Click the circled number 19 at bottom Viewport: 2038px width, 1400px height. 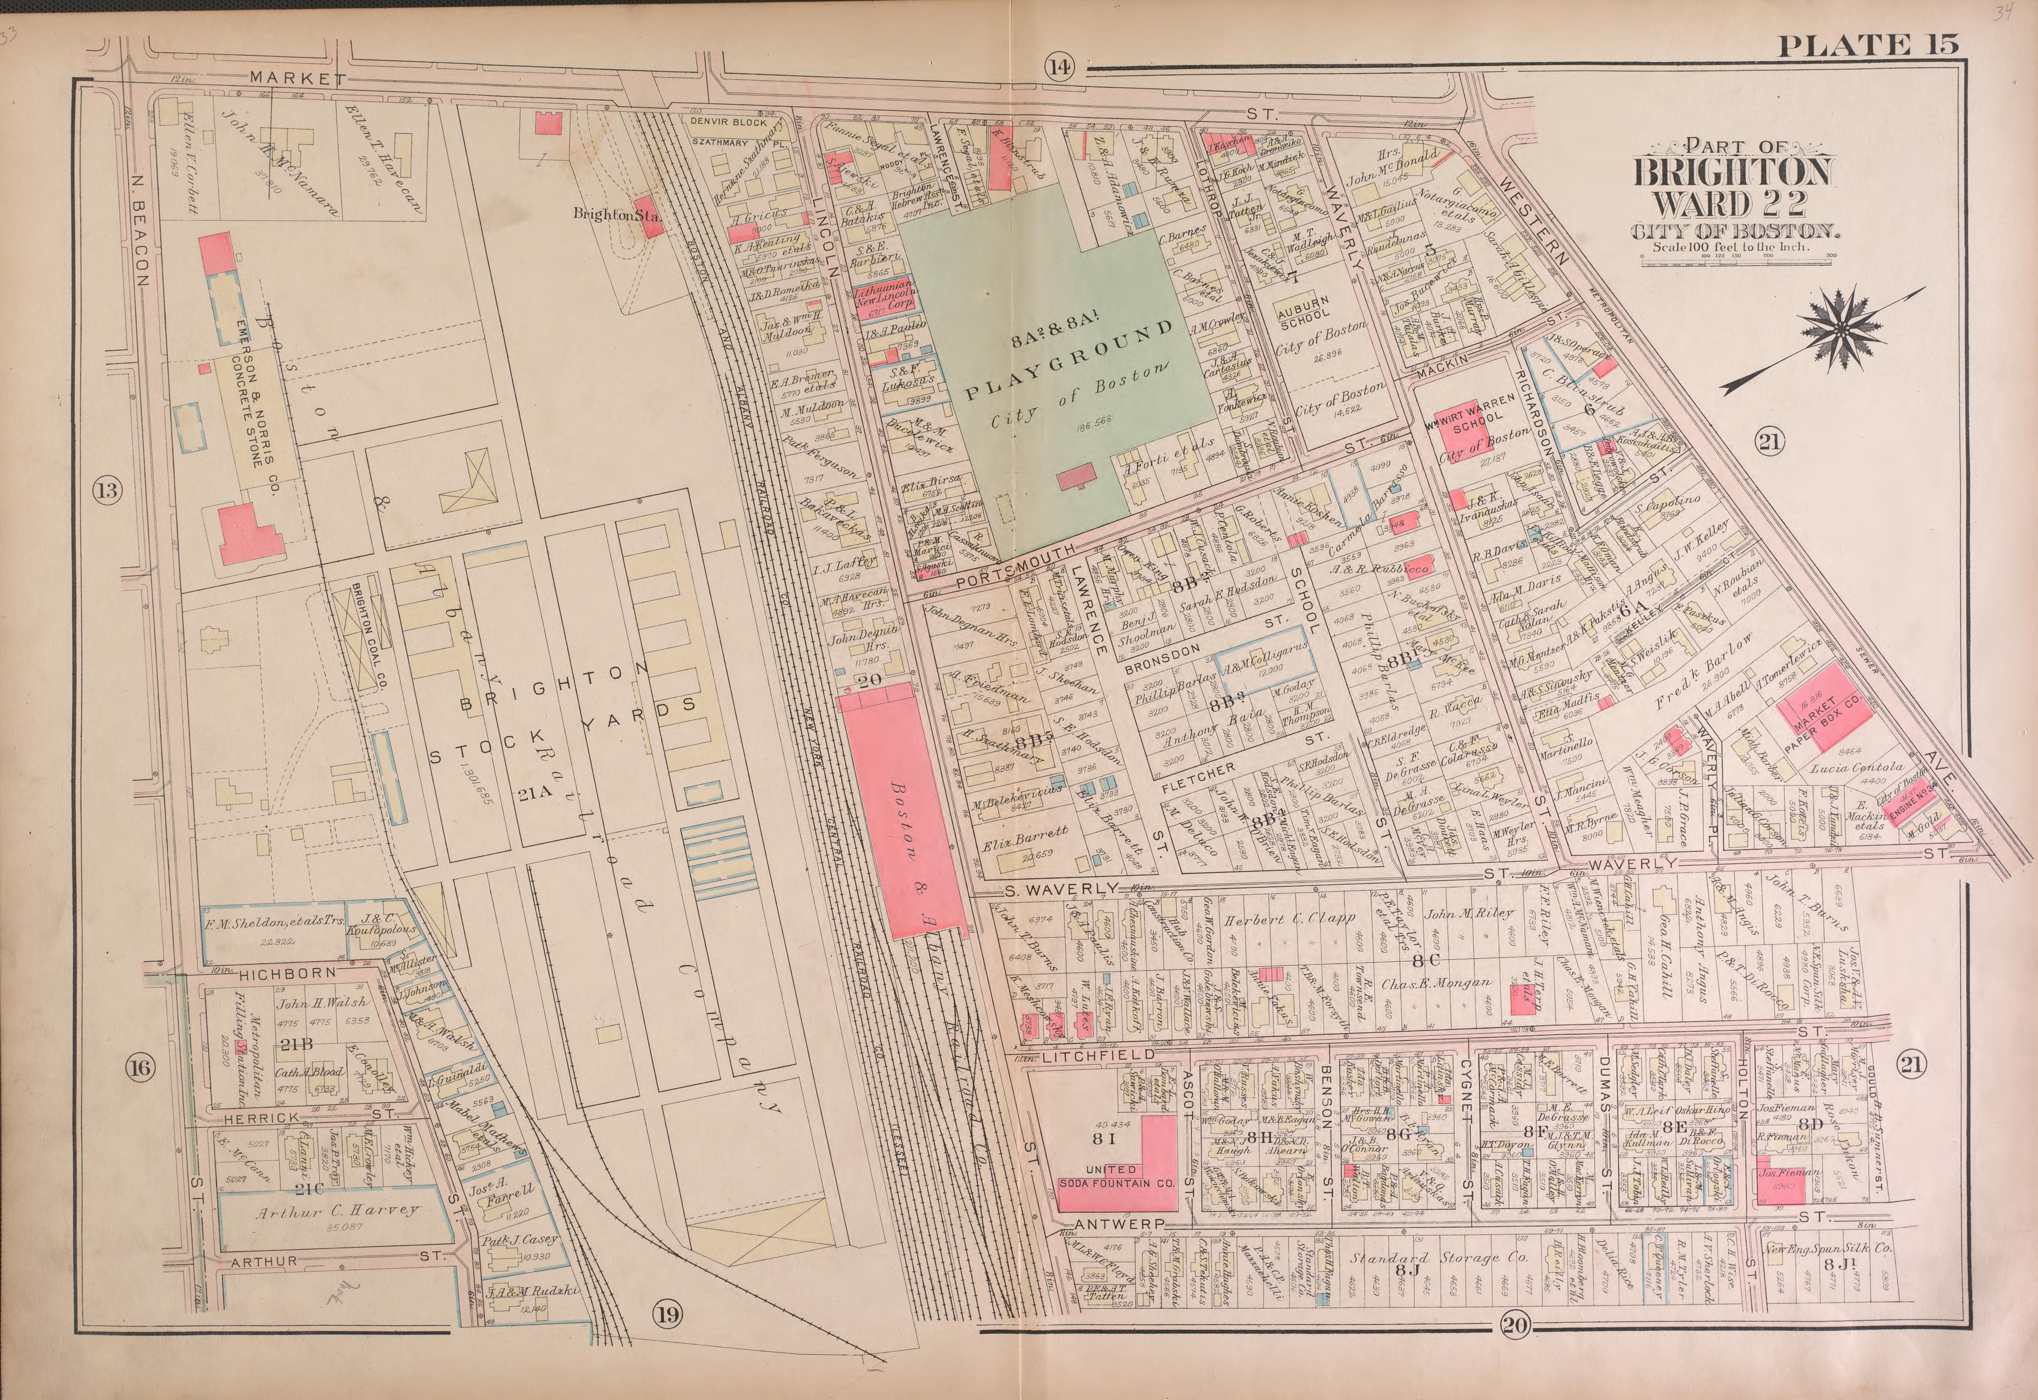(x=667, y=1313)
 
